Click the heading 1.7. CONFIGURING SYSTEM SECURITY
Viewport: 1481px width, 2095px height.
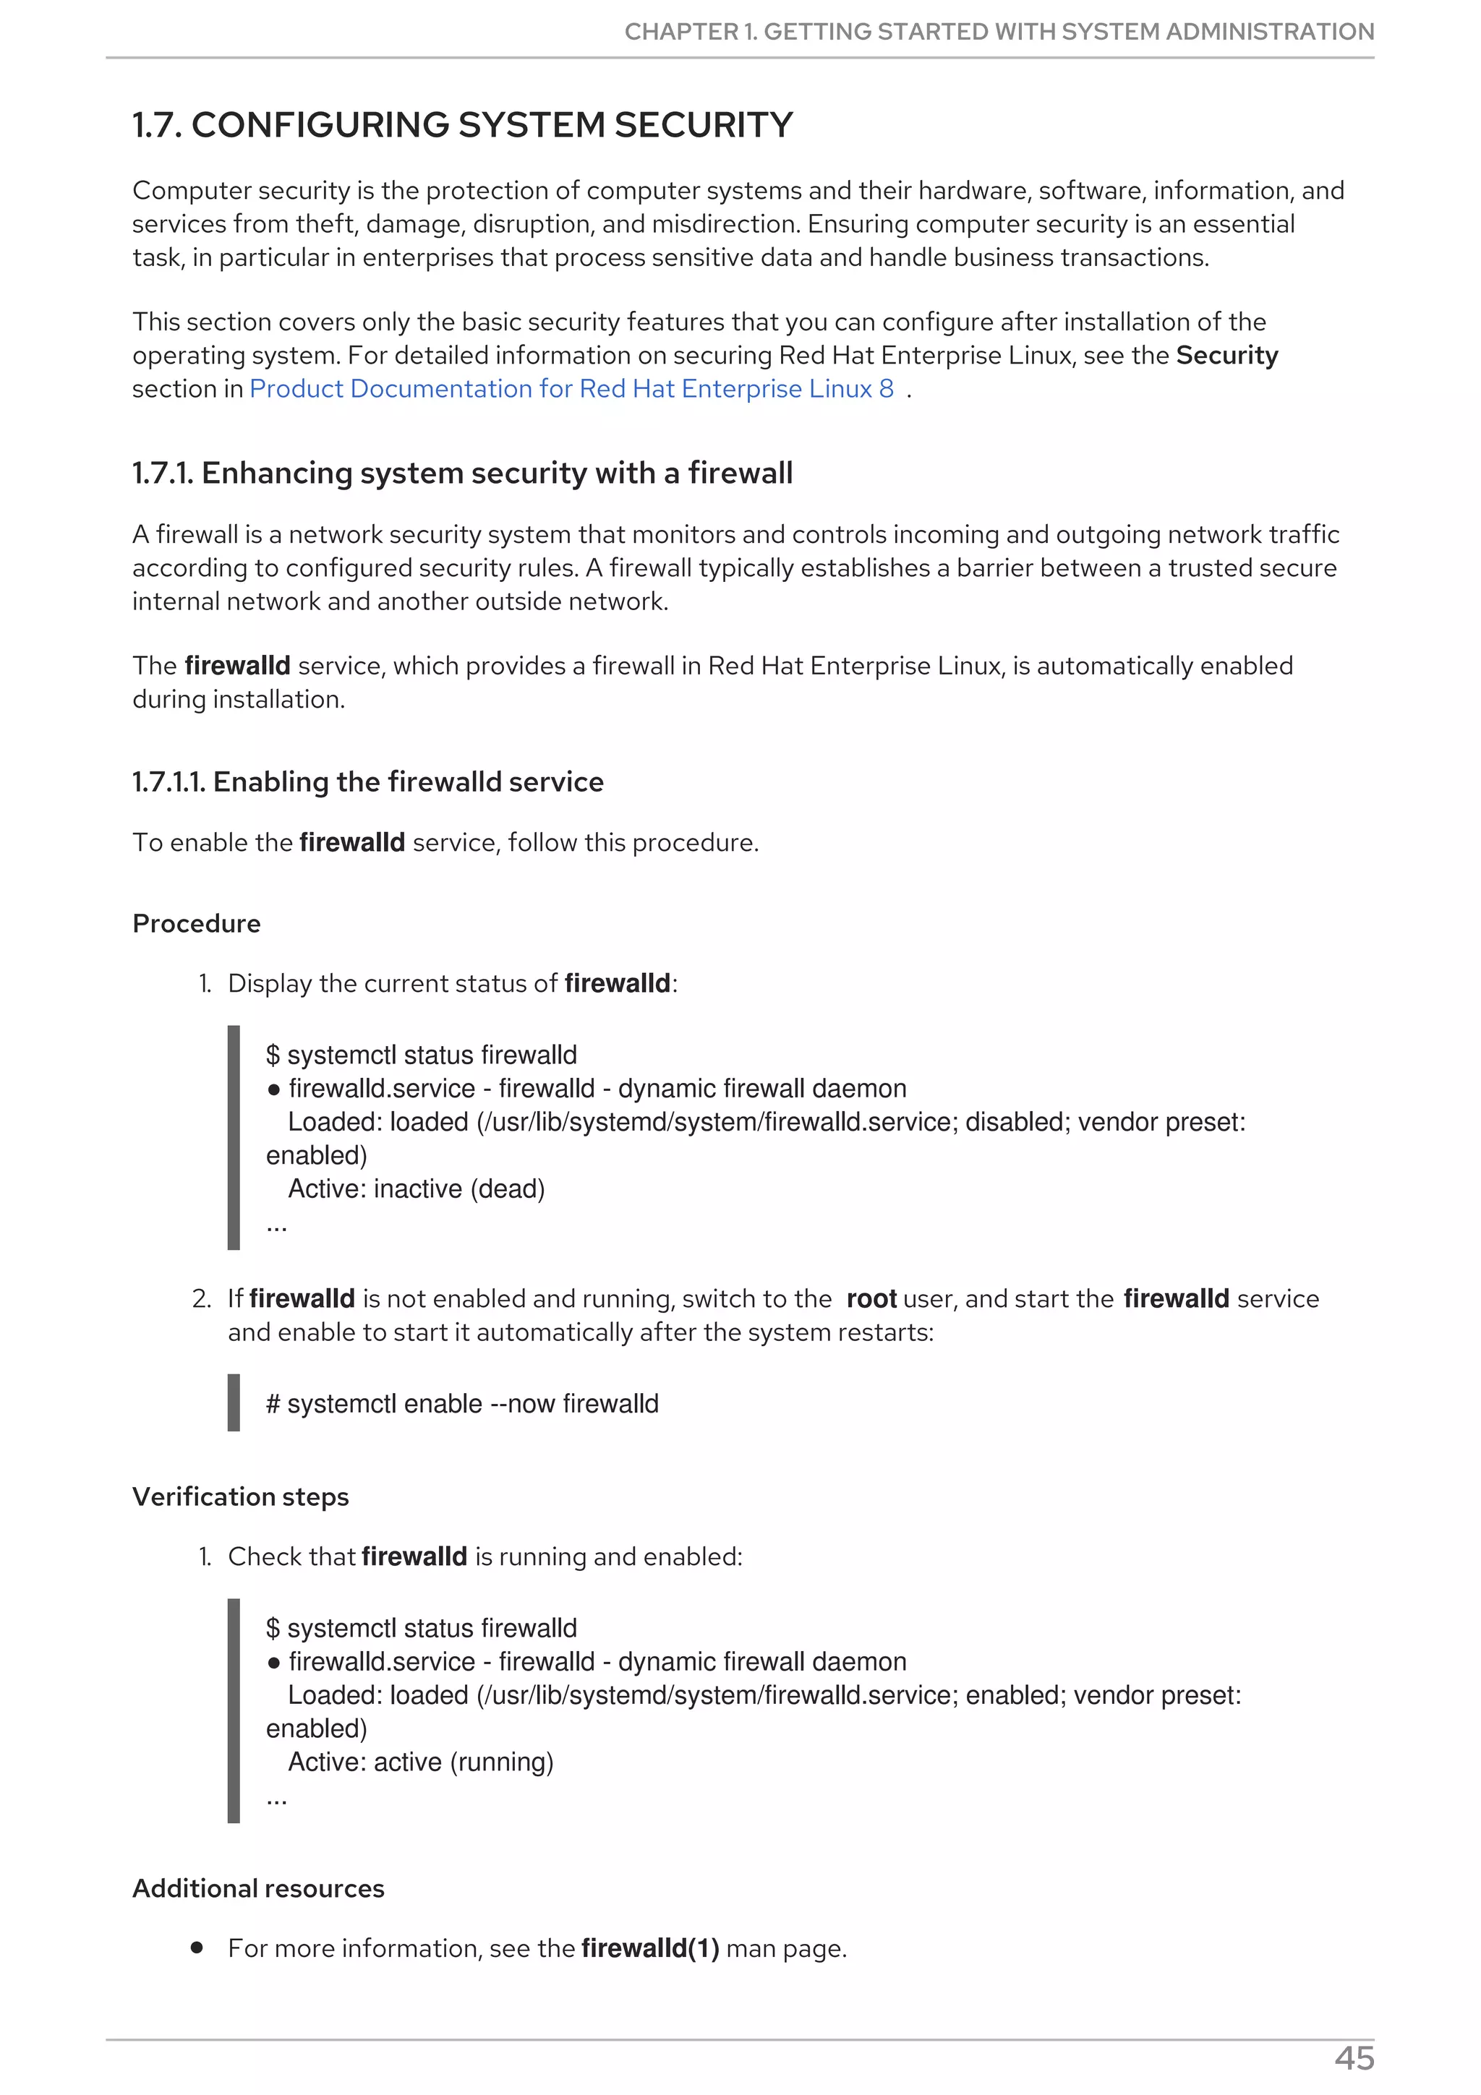coord(463,125)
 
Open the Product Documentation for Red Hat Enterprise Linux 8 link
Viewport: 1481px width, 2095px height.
coord(571,389)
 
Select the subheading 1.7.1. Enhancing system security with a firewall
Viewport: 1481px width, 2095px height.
coord(463,473)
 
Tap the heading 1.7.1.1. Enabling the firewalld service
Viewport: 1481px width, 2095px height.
coord(368,782)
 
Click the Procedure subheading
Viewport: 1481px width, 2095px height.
coord(196,923)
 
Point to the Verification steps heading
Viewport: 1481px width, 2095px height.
coord(241,1496)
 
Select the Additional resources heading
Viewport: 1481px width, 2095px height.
coord(258,1888)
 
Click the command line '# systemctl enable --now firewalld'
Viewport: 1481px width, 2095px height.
coord(462,1403)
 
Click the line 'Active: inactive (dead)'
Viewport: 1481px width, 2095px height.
coord(416,1189)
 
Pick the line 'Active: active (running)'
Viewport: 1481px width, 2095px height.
coord(421,1762)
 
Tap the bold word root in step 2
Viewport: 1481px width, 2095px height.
coord(871,1298)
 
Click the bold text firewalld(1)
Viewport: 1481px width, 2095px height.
coord(649,1948)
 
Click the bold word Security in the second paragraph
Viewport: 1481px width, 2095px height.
coord(1226,355)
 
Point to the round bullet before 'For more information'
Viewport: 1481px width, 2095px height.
coord(196,1948)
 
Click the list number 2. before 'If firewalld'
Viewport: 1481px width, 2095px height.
coord(202,1298)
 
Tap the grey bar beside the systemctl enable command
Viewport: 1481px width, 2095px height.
coord(234,1402)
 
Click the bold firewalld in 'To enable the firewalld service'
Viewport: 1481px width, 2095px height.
coord(351,842)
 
